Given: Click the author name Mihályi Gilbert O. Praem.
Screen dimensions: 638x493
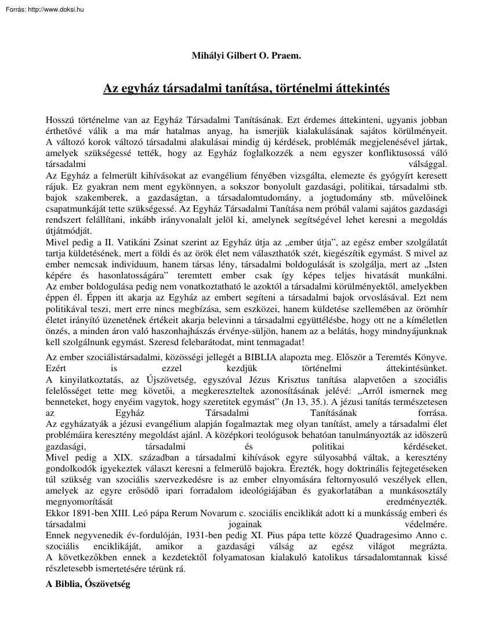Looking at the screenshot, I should click(246, 56).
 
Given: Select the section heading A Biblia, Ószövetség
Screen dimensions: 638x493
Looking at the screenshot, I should click(89, 585).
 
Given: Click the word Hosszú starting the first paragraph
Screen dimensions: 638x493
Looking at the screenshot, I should click(60, 119).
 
